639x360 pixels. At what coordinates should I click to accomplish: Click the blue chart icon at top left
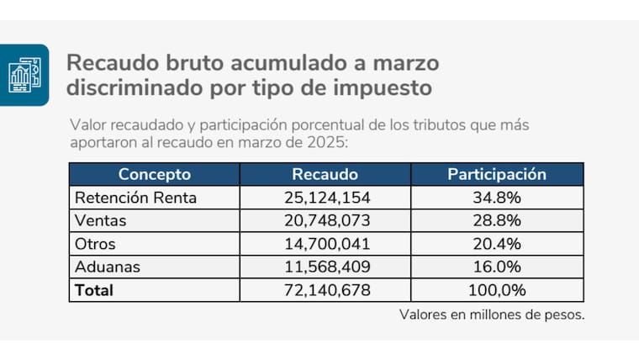point(24,75)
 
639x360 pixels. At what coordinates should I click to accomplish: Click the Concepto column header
point(154,175)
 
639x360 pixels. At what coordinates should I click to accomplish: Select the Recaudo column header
point(325,175)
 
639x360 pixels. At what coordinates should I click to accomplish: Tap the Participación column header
point(496,175)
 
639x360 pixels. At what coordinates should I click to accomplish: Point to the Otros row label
point(95,244)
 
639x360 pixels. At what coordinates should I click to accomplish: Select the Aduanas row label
point(107,267)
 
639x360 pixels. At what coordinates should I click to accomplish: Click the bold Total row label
point(93,290)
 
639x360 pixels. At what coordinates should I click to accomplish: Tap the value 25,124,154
point(325,198)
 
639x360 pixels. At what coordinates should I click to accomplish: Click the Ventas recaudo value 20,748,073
point(325,220)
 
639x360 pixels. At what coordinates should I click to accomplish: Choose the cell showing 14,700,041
point(325,244)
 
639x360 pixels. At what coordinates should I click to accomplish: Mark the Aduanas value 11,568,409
point(325,267)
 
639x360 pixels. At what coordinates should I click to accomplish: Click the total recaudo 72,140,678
point(325,290)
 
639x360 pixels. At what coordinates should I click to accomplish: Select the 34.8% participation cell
point(496,198)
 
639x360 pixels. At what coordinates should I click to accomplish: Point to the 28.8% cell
point(496,220)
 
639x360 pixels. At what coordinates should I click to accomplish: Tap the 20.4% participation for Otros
point(496,244)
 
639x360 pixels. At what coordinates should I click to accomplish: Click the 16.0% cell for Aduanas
point(496,267)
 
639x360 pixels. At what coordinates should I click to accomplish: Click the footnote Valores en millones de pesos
point(492,315)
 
